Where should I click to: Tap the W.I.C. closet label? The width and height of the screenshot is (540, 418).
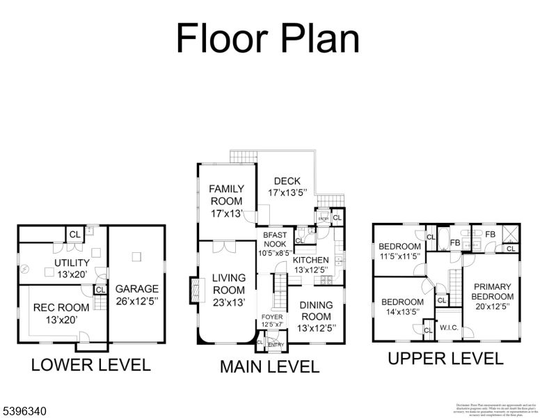coord(447,327)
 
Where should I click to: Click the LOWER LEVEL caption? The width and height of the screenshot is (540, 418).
coord(90,364)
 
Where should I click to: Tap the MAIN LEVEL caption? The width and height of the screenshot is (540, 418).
coord(269,366)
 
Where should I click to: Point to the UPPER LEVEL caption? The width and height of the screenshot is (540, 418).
coord(445,359)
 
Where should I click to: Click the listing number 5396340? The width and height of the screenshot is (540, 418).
coord(24,412)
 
